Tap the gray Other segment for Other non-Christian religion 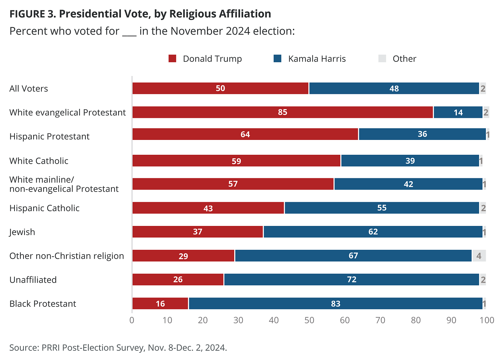pos(479,256)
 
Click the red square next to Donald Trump pos(172,59)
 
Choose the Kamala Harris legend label pos(317,59)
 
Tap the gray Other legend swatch pos(382,59)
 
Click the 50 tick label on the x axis pos(309,320)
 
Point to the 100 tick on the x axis pos(487,320)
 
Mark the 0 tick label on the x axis pos(132,320)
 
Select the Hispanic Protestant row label pos(49,136)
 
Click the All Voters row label pos(29,88)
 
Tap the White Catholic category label pos(39,161)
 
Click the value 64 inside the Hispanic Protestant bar pos(245,134)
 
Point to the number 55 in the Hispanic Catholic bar pos(382,208)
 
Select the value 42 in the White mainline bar pos(408,184)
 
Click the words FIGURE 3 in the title pos(32,14)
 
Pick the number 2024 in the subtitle pos(238,31)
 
